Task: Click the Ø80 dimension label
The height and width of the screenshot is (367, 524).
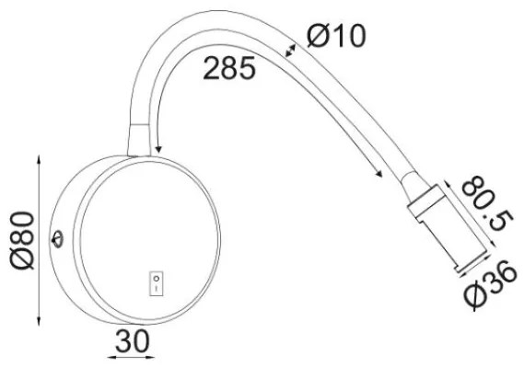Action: [22, 240]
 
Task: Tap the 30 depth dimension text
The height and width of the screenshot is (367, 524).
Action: [133, 341]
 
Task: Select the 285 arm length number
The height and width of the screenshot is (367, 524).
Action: [229, 68]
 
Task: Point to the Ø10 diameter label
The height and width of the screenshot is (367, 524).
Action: [337, 35]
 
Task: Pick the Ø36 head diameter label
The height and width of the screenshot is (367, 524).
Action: [491, 283]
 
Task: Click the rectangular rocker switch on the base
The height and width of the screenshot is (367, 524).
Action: [156, 283]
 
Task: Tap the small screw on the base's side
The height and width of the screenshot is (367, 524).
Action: [57, 239]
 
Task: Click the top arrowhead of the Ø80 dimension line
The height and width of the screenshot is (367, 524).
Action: [39, 159]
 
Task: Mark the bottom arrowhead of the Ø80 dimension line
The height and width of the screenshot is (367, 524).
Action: [39, 321]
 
